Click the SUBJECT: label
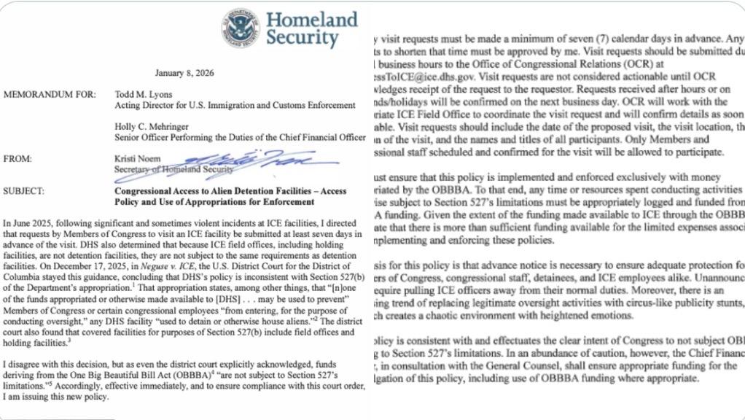pyautogui.click(x=24, y=192)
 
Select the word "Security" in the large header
pyautogui.click(x=302, y=38)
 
